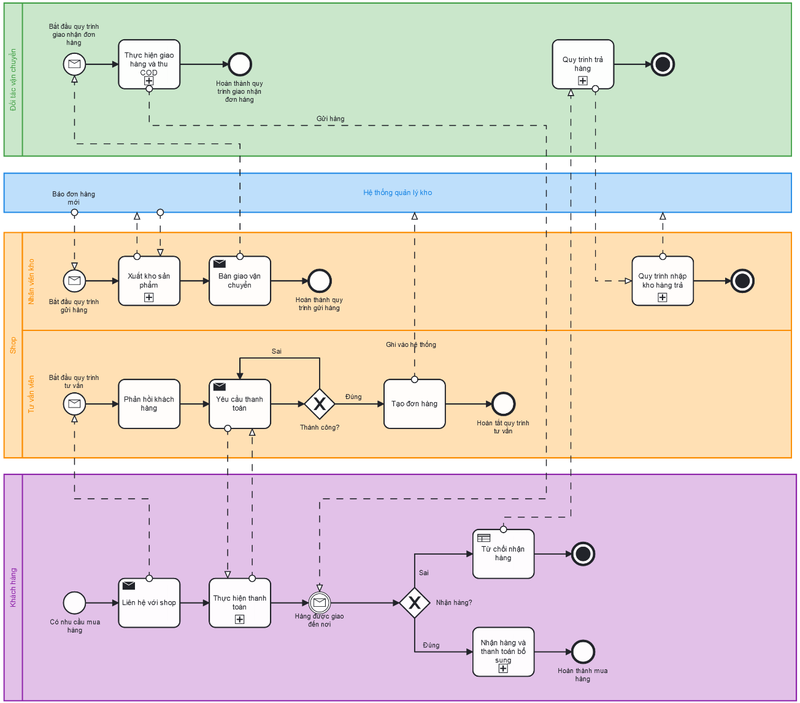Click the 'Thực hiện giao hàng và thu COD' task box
[149, 64]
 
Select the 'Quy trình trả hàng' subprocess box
[583, 64]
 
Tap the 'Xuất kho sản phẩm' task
[149, 281]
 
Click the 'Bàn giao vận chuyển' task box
[240, 281]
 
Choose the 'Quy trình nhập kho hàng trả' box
[663, 281]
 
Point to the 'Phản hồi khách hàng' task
[149, 404]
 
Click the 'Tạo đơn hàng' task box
[415, 404]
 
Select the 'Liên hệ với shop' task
[149, 603]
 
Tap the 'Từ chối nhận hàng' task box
[504, 554]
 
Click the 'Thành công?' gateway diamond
[320, 404]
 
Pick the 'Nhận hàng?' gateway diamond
[415, 603]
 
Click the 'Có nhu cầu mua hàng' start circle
[74, 603]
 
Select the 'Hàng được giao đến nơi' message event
[320, 603]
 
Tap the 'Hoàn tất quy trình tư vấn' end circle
[504, 404]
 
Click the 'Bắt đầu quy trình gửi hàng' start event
[74, 281]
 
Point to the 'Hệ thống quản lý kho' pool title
[398, 192]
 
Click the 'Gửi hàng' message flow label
[331, 119]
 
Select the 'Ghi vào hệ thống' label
[411, 345]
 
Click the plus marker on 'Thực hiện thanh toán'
[240, 620]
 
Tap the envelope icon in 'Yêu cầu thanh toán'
[220, 387]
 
